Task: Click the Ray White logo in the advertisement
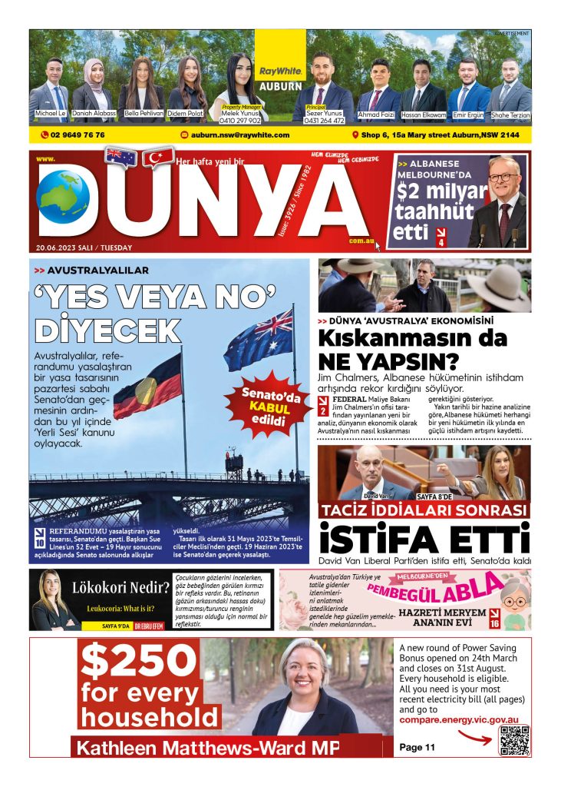tap(280, 71)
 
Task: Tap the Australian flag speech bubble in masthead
tap(120, 157)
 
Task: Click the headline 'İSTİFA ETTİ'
tap(424, 538)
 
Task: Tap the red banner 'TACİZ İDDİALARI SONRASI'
tap(424, 511)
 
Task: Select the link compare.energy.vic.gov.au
tap(459, 720)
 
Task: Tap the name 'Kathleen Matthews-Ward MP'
tap(205, 747)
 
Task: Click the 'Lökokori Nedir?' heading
tap(120, 589)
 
